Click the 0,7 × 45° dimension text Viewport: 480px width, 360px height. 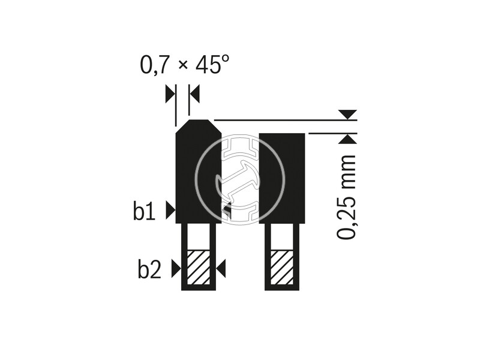click(184, 65)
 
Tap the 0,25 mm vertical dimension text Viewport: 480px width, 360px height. click(347, 197)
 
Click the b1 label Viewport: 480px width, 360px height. click(145, 211)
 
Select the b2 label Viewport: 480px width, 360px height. click(149, 269)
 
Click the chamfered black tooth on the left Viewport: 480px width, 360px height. click(198, 172)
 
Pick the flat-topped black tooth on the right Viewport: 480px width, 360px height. click(282, 178)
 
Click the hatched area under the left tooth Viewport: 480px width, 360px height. click(199, 267)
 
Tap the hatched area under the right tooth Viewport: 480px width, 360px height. click(281, 267)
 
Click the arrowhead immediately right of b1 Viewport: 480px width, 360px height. click(170, 211)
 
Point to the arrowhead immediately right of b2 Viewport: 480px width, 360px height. click(176, 268)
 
